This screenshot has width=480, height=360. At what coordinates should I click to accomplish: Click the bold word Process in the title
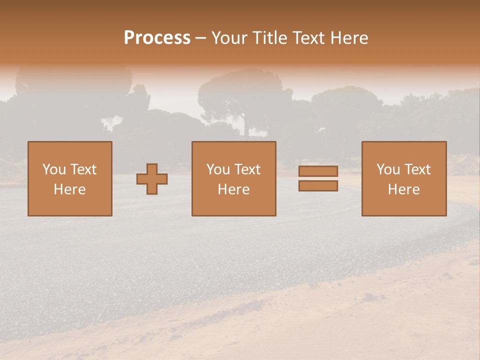[x=157, y=38]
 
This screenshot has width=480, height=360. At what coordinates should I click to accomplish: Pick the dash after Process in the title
[x=201, y=38]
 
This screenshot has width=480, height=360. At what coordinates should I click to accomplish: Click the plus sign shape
[x=152, y=179]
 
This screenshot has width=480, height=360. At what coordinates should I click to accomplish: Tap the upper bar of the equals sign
[x=318, y=171]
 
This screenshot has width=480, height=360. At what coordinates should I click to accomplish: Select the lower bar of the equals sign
[x=318, y=186]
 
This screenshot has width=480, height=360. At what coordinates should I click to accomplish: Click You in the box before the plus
[x=53, y=169]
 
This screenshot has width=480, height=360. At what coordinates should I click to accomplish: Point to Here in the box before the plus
[x=70, y=189]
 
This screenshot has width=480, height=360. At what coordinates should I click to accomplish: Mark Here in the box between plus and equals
[x=233, y=189]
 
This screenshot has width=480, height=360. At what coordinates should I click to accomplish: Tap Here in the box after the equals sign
[x=404, y=189]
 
